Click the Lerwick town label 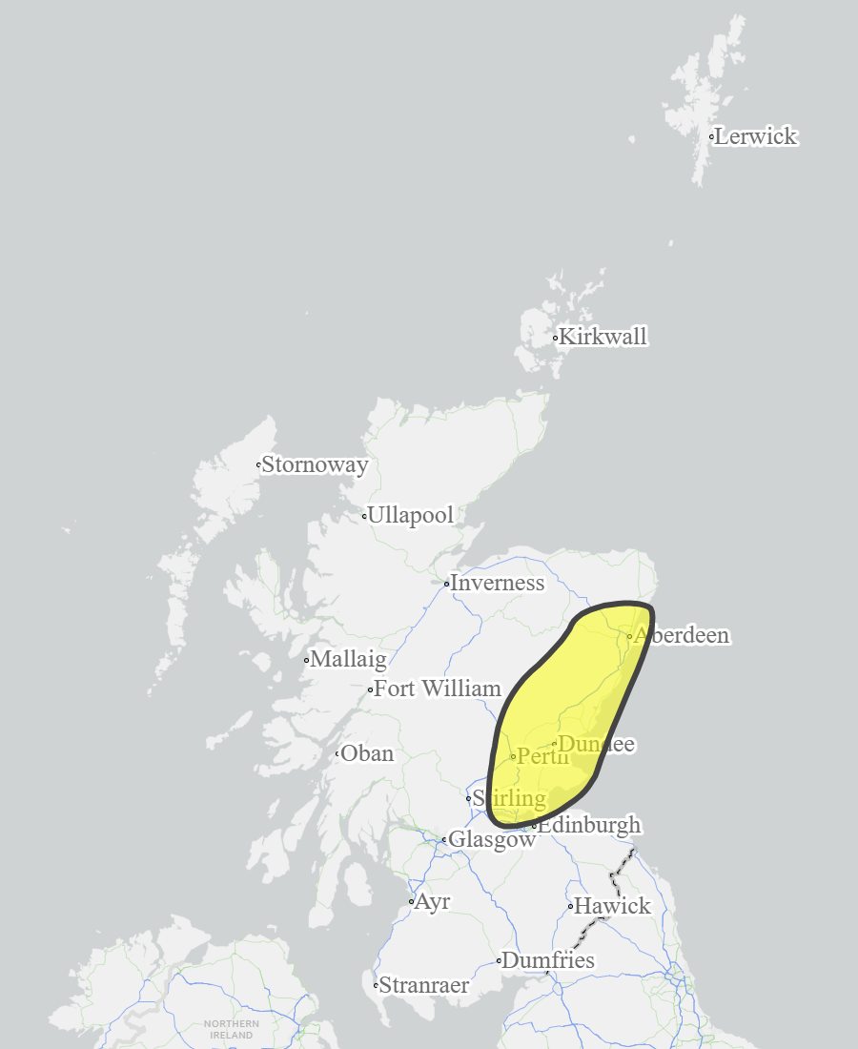click(x=755, y=136)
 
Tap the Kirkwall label click(x=603, y=337)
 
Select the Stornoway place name click(x=315, y=465)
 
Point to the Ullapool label click(x=410, y=516)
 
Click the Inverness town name click(x=497, y=583)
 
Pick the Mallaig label click(x=348, y=659)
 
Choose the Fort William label click(x=437, y=689)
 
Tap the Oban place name click(x=367, y=753)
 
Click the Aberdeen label click(x=682, y=635)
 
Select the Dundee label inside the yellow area click(x=596, y=744)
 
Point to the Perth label click(x=542, y=756)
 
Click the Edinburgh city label click(x=589, y=825)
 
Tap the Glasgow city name click(x=492, y=840)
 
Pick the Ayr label click(x=432, y=901)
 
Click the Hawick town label click(x=612, y=906)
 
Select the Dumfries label click(x=548, y=960)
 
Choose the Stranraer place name click(x=424, y=985)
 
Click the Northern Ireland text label click(x=232, y=1029)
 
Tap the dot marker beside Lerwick click(x=711, y=136)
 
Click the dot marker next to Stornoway click(x=258, y=465)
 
